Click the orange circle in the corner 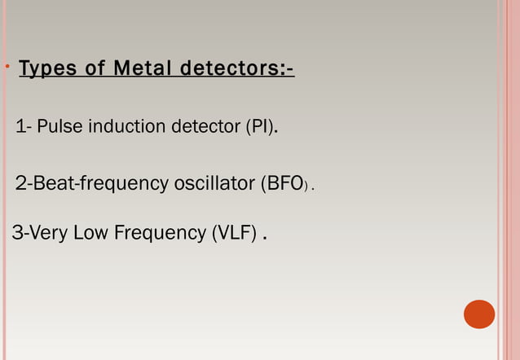click(x=479, y=314)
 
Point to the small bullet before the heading click(x=6, y=66)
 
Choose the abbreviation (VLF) click(x=235, y=234)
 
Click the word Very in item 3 click(x=49, y=234)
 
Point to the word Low click(x=91, y=234)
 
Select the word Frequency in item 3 click(x=160, y=234)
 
